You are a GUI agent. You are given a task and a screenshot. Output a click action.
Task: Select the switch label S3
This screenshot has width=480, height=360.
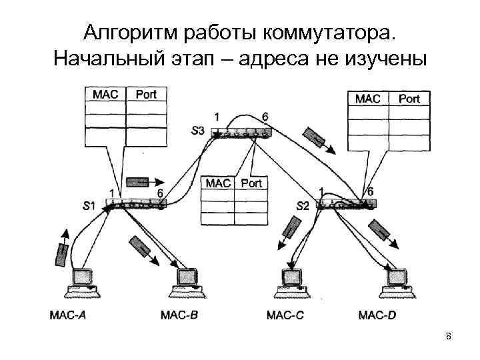(x=198, y=130)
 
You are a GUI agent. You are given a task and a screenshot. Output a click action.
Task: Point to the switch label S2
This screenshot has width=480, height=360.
(x=302, y=205)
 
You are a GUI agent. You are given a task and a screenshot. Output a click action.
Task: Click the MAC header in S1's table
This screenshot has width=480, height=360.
(x=105, y=94)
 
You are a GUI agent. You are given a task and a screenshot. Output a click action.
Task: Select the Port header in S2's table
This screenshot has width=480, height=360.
(x=409, y=99)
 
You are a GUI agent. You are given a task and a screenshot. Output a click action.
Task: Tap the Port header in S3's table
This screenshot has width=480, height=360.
(x=251, y=183)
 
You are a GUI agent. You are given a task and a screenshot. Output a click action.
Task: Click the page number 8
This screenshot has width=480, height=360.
(x=449, y=336)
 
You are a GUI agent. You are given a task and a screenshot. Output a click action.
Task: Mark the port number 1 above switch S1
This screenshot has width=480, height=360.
(x=111, y=193)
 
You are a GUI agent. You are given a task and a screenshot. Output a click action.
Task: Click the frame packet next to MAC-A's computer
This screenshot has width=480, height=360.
(x=63, y=254)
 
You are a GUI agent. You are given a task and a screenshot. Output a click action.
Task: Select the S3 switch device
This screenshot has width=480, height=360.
(x=240, y=133)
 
